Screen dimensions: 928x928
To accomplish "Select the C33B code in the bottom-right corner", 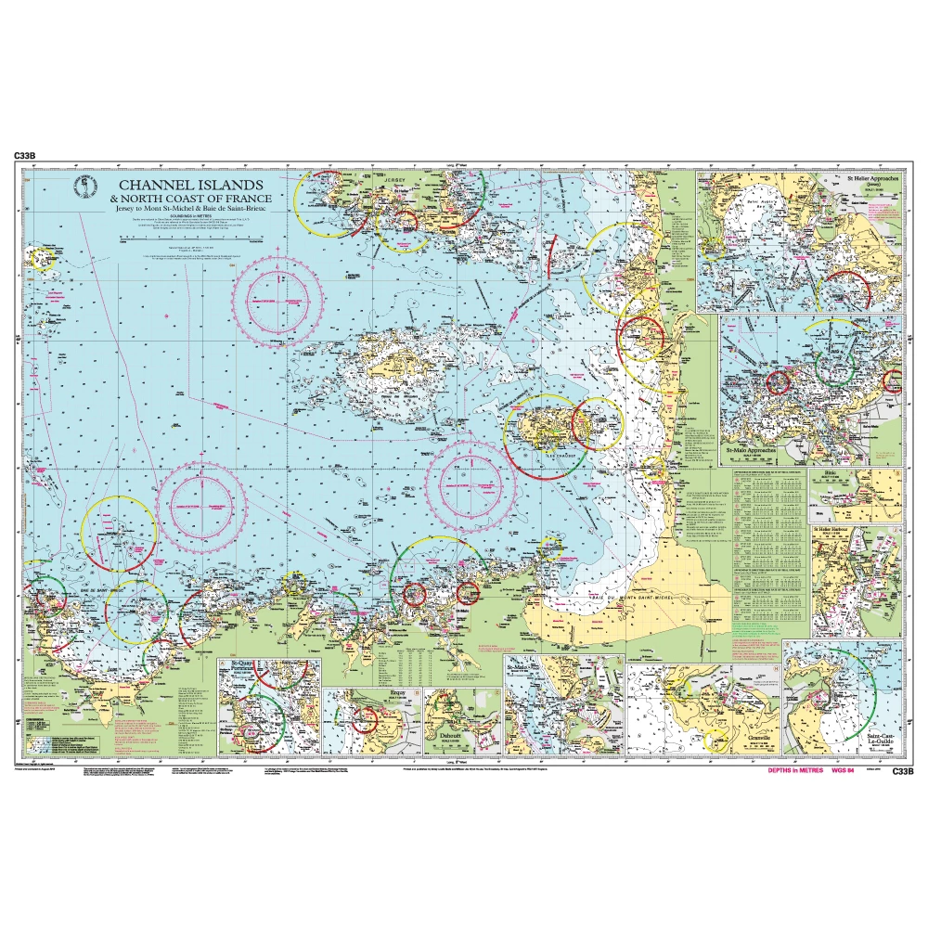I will click(x=903, y=771).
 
